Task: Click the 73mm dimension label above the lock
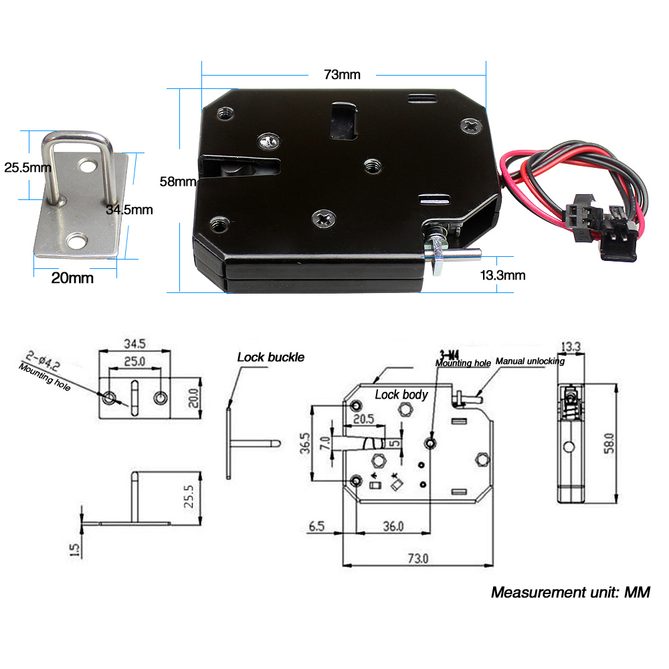pyautogui.click(x=342, y=74)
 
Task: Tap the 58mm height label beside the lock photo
pyautogui.click(x=177, y=181)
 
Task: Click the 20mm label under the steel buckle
pyautogui.click(x=72, y=278)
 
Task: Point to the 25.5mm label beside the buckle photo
pyautogui.click(x=27, y=167)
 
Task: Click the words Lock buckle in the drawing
pyautogui.click(x=270, y=357)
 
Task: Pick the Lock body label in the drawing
pyautogui.click(x=401, y=395)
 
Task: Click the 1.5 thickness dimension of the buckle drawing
pyautogui.click(x=74, y=549)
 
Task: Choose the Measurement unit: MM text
pyautogui.click(x=570, y=592)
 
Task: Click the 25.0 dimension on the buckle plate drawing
pyautogui.click(x=134, y=362)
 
